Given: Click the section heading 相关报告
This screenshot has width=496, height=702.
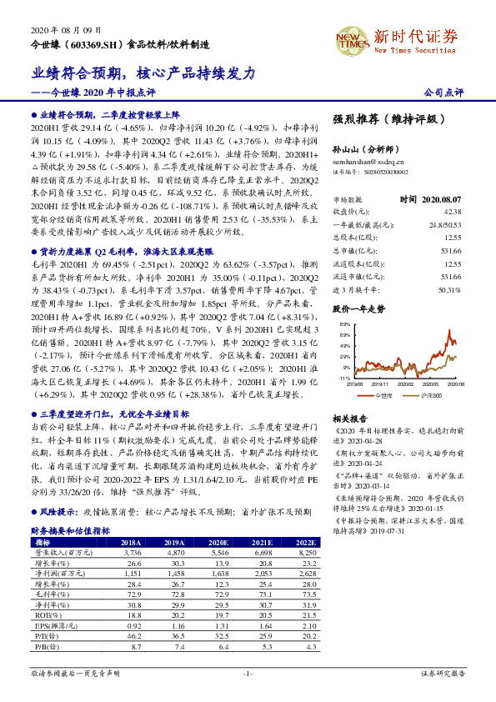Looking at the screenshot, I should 350,419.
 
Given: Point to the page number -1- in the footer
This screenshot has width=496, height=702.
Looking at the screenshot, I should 248,673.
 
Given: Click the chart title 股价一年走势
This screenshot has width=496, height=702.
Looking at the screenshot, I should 359,308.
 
